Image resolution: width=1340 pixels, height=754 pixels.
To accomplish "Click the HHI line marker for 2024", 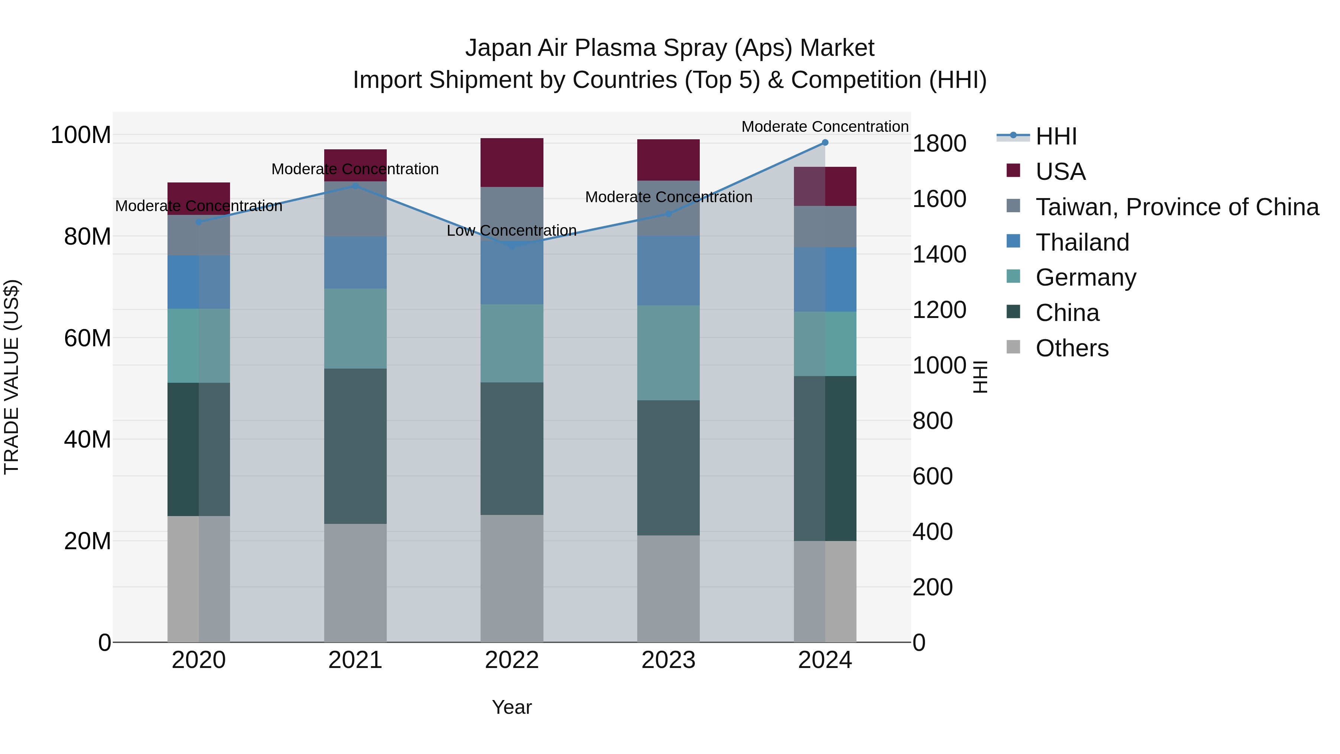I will [824, 143].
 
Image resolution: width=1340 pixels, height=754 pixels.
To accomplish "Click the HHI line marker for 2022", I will [511, 246].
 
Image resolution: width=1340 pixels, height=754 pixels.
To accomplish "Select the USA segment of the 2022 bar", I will [511, 162].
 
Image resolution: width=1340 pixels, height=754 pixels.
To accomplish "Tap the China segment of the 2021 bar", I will [355, 446].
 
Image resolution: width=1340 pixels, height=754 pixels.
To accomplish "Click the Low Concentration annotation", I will [511, 230].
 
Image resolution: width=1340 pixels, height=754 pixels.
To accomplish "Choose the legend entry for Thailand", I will [1082, 242].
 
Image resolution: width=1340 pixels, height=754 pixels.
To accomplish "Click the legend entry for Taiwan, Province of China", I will [1177, 207].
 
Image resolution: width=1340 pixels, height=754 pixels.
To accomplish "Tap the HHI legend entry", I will [1056, 136].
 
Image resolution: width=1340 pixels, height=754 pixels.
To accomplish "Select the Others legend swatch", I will [1013, 347].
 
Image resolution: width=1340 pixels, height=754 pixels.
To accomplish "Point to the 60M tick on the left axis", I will [87, 338].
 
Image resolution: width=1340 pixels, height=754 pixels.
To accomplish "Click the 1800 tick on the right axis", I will [939, 144].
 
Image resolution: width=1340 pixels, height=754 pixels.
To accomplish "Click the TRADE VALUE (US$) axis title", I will [12, 377].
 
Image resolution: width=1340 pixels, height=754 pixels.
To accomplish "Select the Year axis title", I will [511, 707].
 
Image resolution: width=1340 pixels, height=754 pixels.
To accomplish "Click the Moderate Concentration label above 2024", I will [824, 127].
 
